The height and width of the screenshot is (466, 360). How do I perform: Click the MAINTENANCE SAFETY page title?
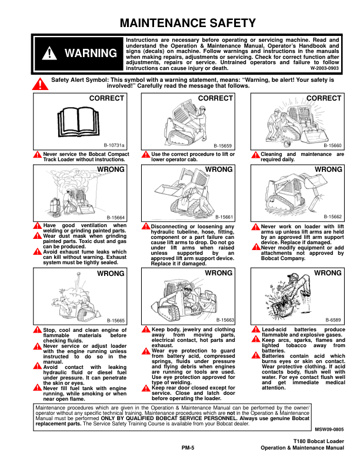point(188,24)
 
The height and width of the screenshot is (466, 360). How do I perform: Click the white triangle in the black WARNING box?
point(51,54)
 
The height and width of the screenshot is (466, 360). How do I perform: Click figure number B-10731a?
point(115,144)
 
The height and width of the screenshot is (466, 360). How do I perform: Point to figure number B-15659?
point(224,144)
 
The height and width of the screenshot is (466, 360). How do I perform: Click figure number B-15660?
point(332,144)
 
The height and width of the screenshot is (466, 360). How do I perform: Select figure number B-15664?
point(115,217)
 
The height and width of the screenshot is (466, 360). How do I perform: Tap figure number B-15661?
point(224,217)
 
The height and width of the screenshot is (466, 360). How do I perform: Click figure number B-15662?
point(332,217)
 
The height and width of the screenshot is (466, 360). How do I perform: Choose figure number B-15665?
point(115,320)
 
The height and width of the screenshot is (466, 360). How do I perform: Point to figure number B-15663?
point(224,320)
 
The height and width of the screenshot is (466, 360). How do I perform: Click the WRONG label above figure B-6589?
point(328,273)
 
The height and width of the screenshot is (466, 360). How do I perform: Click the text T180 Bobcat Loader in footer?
point(318,441)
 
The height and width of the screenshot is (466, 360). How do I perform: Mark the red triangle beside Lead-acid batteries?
point(255,329)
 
